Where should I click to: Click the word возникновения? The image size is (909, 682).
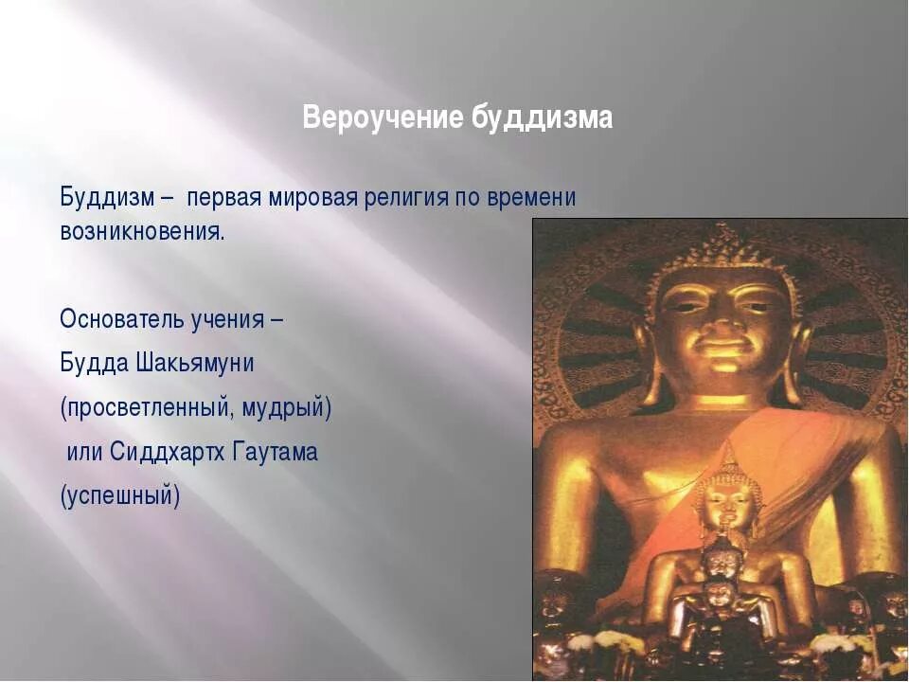[x=142, y=232]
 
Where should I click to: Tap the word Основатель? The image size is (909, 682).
[x=121, y=318]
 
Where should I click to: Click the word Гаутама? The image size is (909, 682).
[x=275, y=452]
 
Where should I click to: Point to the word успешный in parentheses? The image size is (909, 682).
[x=119, y=496]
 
